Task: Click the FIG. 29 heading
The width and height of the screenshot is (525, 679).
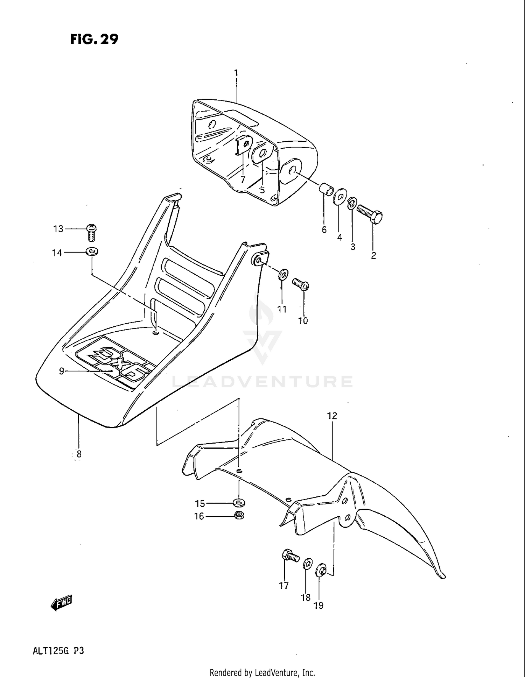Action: pos(94,39)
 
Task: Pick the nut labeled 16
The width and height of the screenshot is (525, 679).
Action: pos(239,515)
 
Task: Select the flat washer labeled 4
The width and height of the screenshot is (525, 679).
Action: pos(339,198)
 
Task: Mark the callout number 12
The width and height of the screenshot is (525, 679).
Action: pos(332,416)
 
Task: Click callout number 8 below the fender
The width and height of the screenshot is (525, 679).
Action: pos(79,454)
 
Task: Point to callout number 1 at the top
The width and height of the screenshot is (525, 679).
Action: pos(236,73)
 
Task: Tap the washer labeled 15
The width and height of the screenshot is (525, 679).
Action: pos(239,503)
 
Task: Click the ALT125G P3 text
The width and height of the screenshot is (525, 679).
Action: pos(58,651)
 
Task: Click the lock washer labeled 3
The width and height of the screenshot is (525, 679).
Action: pos(352,203)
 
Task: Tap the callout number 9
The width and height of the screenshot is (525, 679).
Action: pos(62,371)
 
